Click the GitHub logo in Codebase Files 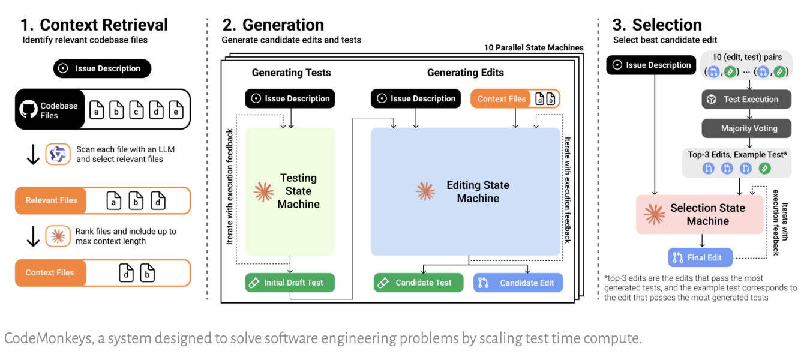coord(28,109)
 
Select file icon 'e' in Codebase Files coord(176,110)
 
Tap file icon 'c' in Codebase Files coord(136,110)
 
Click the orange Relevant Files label coord(50,200)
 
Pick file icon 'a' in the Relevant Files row coord(113,200)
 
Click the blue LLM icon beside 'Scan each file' coord(58,154)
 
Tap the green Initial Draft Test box coord(290,283)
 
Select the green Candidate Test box coord(418,283)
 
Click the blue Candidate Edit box coord(518,283)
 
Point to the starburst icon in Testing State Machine coord(263,191)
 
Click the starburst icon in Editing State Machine coord(425,191)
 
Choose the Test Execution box coord(746,100)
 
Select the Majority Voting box coord(746,128)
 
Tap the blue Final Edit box coord(700,257)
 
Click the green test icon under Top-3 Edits coord(764,169)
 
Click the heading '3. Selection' coord(656,25)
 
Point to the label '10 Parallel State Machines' coord(534,48)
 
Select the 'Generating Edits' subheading coord(466,73)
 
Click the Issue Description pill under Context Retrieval coord(103,68)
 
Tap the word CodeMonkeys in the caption coord(49,339)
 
